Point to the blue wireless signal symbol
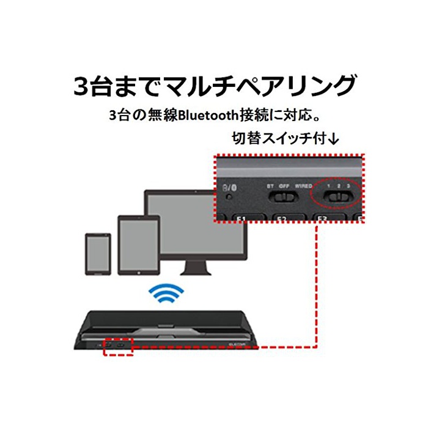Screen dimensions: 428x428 (x=166, y=295)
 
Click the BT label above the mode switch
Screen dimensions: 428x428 (x=270, y=185)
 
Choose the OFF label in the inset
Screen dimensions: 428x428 (x=284, y=185)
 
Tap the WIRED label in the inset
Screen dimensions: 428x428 (x=303, y=185)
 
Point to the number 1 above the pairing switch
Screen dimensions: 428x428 (x=329, y=185)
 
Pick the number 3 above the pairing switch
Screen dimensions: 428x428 (x=348, y=185)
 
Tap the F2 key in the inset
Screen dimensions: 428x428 (x=282, y=219)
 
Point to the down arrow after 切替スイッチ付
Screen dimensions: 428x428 (x=333, y=139)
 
